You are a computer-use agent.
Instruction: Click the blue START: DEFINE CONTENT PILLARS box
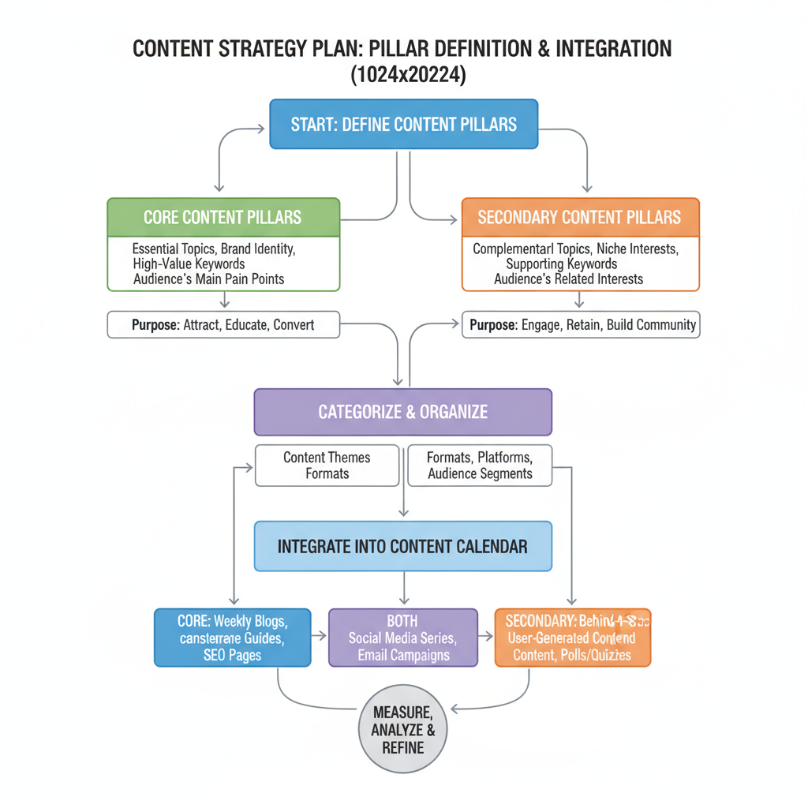[403, 124]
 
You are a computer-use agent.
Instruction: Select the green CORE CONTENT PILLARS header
[223, 217]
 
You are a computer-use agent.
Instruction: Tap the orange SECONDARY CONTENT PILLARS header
[580, 217]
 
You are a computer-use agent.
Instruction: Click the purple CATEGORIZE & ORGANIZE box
[402, 412]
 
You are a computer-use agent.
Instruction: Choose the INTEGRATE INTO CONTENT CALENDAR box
[402, 546]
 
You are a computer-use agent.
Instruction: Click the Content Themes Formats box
[327, 466]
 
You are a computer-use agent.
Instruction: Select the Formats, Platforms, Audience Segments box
[480, 466]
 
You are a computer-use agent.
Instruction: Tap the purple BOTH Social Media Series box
[402, 638]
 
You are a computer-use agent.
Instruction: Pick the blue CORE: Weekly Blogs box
[231, 638]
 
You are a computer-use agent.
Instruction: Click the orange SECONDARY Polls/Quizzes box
[573, 638]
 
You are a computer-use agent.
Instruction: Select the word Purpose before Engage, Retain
[493, 324]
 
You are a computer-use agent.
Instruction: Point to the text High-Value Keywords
[189, 264]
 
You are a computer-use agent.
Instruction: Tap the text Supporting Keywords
[561, 264]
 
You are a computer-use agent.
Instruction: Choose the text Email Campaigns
[402, 655]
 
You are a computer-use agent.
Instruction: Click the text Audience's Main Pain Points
[209, 279]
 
